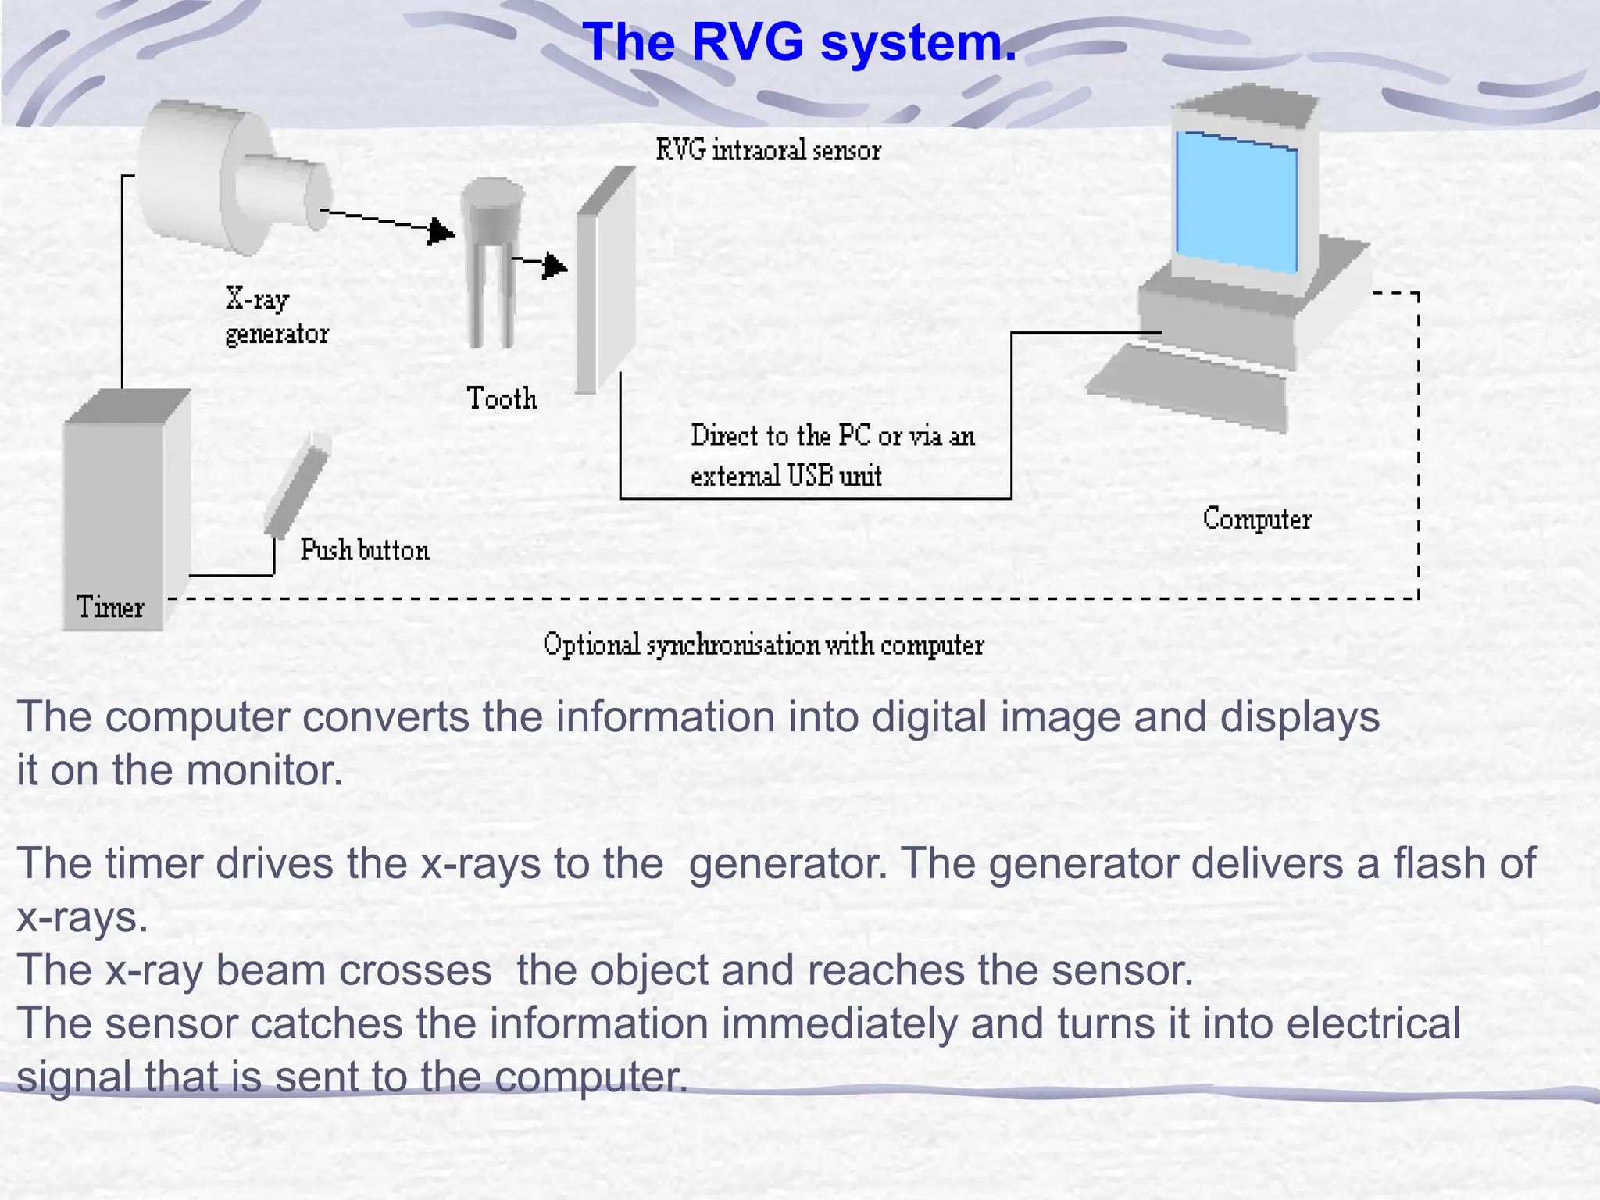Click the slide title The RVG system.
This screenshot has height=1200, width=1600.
click(x=799, y=41)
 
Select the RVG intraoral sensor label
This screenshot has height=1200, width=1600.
click(x=768, y=149)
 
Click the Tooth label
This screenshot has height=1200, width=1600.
click(x=502, y=398)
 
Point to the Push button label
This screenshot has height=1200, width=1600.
click(x=364, y=550)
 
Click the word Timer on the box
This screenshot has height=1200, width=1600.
click(x=110, y=607)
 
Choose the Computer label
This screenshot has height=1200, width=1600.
click(x=1256, y=519)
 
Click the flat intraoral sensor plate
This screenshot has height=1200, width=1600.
click(x=605, y=281)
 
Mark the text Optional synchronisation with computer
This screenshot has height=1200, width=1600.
click(x=762, y=645)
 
